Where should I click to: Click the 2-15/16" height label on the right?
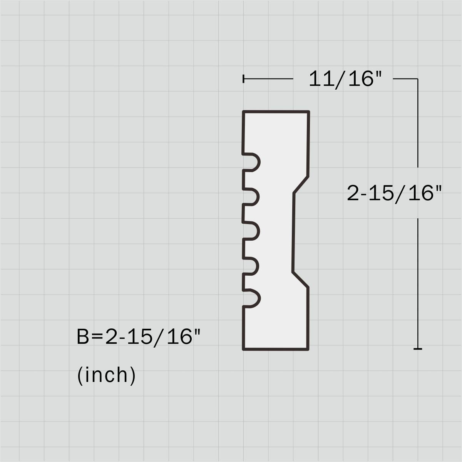pyautogui.click(x=393, y=193)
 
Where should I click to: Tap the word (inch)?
pyautogui.click(x=107, y=375)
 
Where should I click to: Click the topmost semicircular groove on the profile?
pyautogui.click(x=253, y=162)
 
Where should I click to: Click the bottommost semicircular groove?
pyautogui.click(x=253, y=298)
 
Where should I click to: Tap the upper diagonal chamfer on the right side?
pyautogui.click(x=301, y=185)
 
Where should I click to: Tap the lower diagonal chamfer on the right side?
pyautogui.click(x=301, y=280)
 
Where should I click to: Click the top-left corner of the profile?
pyautogui.click(x=243, y=112)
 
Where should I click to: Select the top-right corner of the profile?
pyautogui.click(x=309, y=112)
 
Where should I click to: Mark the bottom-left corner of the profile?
pyautogui.click(x=243, y=349)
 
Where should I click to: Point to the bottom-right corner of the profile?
pyautogui.click(x=308, y=349)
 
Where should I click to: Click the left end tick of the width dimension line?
pyautogui.click(x=243, y=79)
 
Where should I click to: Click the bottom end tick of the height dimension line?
pyautogui.click(x=418, y=349)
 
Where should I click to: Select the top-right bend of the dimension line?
pyautogui.click(x=418, y=79)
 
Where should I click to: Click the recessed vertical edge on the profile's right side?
pyautogui.click(x=293, y=232)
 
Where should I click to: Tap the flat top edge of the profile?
pyautogui.click(x=276, y=112)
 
